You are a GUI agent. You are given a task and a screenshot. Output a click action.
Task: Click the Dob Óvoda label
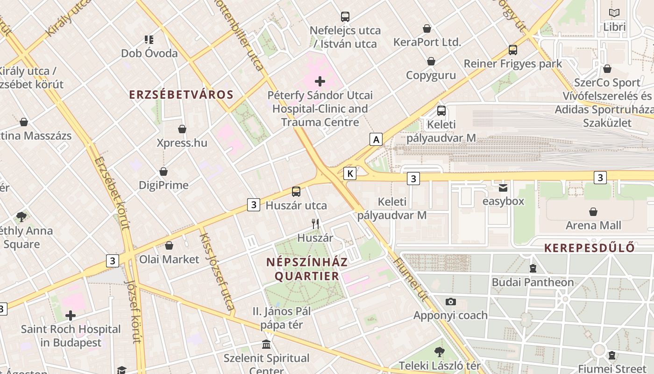(x=149, y=53)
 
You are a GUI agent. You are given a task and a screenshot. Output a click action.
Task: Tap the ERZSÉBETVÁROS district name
(x=181, y=94)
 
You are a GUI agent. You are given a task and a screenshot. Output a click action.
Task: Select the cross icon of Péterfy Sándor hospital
(x=320, y=81)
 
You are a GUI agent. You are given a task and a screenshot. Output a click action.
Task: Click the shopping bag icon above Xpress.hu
(x=182, y=129)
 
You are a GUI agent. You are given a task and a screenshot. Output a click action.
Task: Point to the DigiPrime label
(x=163, y=185)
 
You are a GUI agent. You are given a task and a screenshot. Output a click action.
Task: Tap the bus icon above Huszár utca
(x=296, y=192)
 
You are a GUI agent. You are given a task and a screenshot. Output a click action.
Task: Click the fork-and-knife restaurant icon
(x=316, y=224)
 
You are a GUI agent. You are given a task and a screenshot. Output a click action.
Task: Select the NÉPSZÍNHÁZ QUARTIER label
(x=307, y=269)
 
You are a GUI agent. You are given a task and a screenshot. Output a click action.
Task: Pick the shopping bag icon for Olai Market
(x=169, y=245)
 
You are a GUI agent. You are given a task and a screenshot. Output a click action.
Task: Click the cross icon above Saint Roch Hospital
(x=71, y=316)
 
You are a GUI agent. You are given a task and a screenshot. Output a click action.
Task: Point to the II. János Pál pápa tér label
(x=281, y=318)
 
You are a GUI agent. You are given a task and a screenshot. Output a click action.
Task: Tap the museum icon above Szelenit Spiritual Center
(x=266, y=345)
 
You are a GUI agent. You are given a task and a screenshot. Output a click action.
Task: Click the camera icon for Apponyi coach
(x=450, y=302)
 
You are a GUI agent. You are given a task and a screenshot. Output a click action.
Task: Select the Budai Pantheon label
(x=533, y=282)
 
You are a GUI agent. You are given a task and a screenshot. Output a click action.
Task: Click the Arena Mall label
(x=593, y=225)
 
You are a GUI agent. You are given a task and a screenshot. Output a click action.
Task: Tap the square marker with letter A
(x=376, y=139)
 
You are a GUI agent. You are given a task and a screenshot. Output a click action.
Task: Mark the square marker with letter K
(x=349, y=173)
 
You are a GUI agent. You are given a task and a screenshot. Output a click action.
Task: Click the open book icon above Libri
(x=614, y=13)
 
